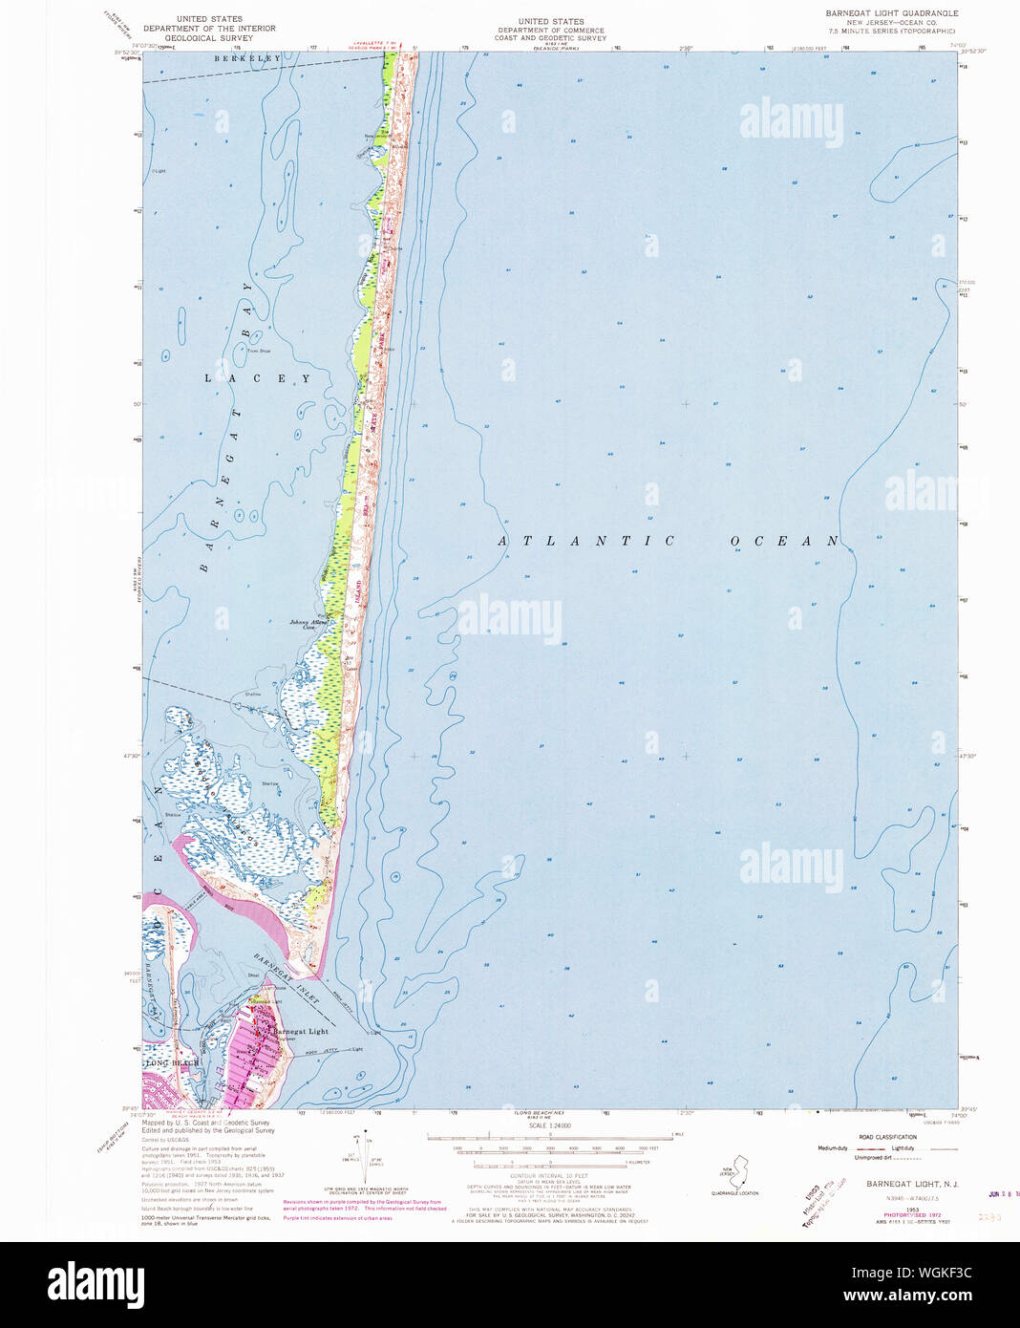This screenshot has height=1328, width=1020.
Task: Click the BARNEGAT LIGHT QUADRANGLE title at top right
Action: click(891, 13)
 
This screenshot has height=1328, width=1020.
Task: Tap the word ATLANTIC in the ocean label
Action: click(587, 541)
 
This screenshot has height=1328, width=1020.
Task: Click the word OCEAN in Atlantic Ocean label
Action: click(784, 541)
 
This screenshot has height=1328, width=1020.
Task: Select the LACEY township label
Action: click(258, 378)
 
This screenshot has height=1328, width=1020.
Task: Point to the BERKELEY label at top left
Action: click(247, 58)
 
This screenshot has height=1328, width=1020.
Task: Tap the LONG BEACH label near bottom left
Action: click(173, 1062)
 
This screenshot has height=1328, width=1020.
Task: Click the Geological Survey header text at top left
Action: click(209, 29)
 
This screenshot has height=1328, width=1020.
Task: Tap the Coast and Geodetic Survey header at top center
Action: click(551, 30)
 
